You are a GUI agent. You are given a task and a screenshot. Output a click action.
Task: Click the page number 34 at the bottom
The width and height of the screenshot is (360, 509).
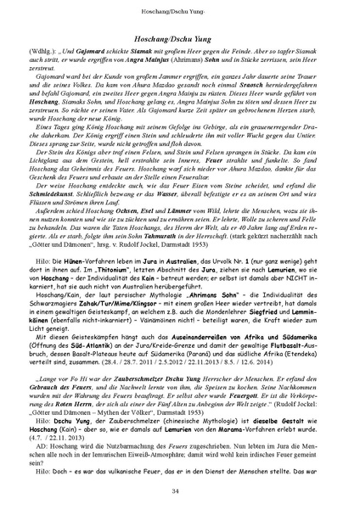(180, 490)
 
